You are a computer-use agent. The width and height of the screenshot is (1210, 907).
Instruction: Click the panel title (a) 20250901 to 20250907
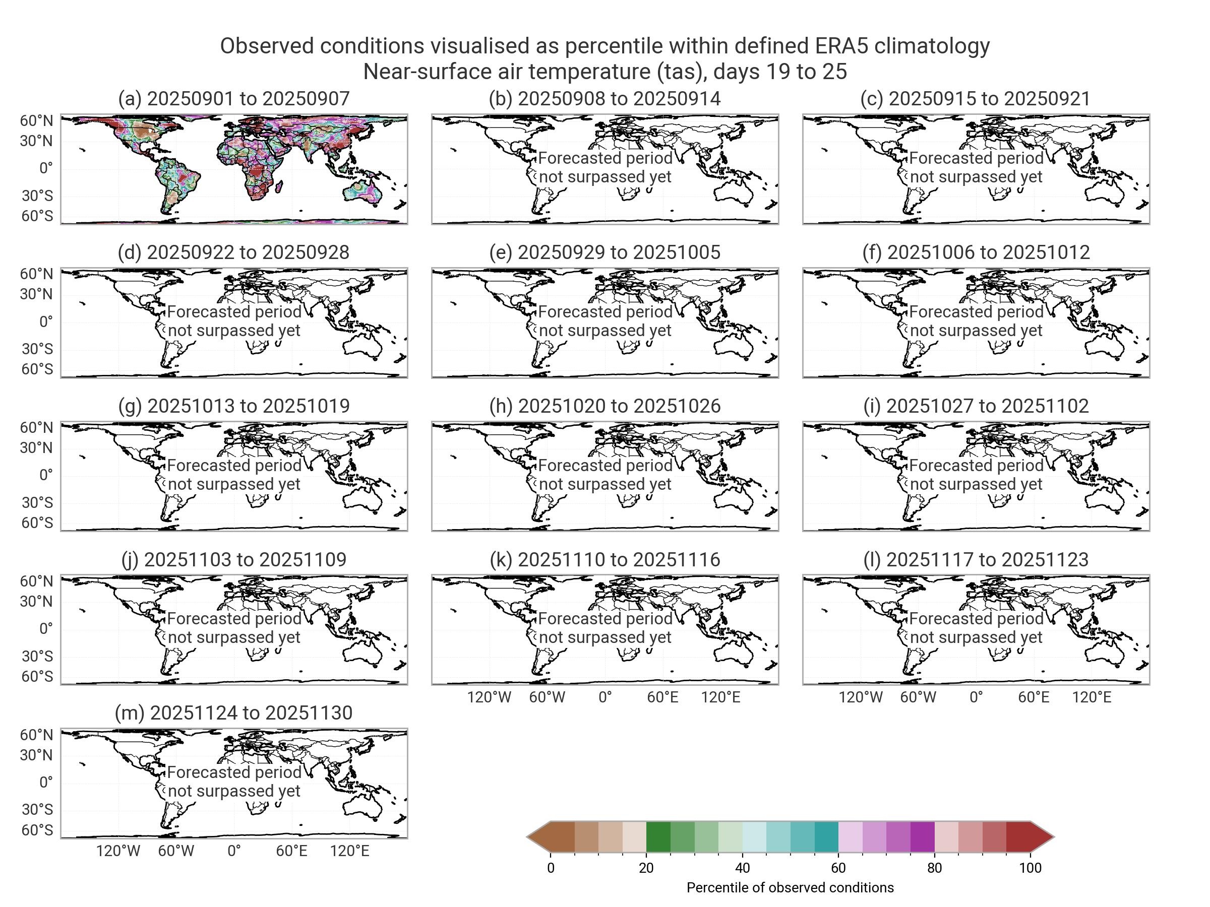[233, 99]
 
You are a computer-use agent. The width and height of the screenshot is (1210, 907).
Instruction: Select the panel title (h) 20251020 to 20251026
[604, 406]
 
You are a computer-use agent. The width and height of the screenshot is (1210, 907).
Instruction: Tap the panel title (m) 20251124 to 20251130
[233, 713]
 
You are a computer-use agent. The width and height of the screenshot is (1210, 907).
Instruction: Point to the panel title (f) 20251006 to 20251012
[976, 252]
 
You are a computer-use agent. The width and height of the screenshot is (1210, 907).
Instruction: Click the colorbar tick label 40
[742, 868]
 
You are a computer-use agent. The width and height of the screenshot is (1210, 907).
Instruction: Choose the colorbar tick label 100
[1030, 868]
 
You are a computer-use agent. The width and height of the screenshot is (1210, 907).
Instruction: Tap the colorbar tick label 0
[551, 868]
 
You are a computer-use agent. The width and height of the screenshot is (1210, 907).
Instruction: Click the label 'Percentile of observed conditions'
[790, 888]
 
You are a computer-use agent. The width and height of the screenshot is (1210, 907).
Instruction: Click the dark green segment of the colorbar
[658, 836]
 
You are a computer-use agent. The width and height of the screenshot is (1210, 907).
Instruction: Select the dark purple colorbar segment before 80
[922, 836]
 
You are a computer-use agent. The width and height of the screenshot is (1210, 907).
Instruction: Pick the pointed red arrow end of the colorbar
[1044, 836]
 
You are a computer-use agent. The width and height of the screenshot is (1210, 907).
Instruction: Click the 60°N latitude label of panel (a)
[37, 121]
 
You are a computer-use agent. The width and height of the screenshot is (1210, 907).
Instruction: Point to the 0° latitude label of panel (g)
[46, 475]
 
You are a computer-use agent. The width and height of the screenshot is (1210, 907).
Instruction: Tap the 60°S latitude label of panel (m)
[37, 830]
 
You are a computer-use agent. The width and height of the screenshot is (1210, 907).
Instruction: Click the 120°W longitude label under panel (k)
[489, 697]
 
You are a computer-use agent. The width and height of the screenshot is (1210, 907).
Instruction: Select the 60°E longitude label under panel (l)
[1034, 697]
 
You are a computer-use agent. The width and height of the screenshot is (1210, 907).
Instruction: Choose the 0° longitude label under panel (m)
[233, 851]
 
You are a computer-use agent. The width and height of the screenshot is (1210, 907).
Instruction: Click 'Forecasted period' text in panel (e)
[605, 312]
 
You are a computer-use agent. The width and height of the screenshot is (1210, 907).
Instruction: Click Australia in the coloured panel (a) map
[361, 191]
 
